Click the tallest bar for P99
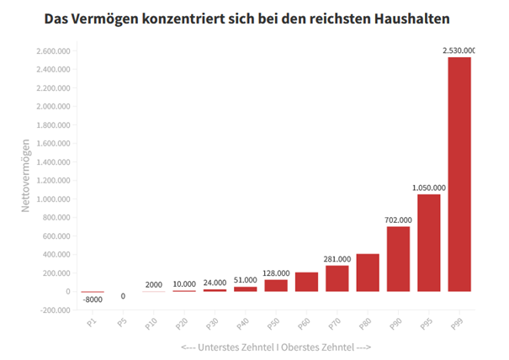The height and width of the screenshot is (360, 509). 459,173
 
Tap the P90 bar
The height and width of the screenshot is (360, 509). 398,258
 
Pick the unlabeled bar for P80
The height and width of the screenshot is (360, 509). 368,272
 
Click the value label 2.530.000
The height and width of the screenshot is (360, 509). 459,50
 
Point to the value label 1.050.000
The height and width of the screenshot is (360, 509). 428,188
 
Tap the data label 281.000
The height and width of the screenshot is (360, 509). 337,259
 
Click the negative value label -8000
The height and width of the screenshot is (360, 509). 93,300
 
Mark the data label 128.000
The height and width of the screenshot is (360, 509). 276,273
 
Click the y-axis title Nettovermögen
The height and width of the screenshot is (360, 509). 26,176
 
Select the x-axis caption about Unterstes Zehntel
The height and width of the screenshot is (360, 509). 276,347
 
